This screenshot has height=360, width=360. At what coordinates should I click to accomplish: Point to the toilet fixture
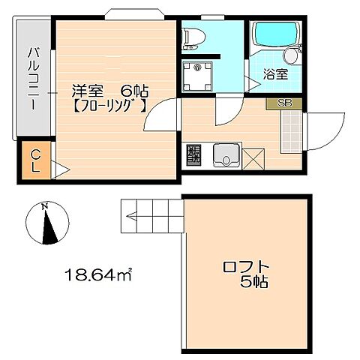click(x=191, y=37)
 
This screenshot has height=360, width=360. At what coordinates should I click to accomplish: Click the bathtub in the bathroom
click(x=275, y=36)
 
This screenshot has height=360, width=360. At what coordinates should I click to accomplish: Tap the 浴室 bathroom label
click(x=275, y=74)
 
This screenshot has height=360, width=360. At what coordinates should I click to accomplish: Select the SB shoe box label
click(x=285, y=103)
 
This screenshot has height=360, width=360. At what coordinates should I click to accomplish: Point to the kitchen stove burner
click(x=193, y=156)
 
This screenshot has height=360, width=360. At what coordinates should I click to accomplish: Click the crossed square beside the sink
click(x=253, y=158)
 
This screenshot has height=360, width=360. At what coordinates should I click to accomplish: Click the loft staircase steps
click(x=151, y=217)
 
